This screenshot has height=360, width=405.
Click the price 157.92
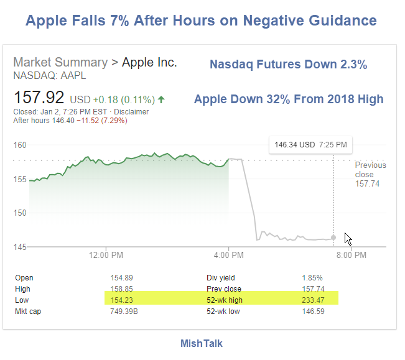point(40,98)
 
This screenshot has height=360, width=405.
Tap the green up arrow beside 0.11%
point(162,99)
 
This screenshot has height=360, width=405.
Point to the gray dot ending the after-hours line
point(334,238)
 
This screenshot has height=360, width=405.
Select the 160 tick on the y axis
point(20,145)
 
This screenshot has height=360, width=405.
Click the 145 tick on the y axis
point(20,247)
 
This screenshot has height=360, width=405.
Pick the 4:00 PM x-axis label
point(229,255)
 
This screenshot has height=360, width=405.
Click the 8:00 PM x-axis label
point(351,255)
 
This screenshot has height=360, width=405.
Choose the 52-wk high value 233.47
point(314,300)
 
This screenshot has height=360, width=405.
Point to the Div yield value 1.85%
point(312,278)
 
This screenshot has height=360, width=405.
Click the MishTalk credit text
point(202,343)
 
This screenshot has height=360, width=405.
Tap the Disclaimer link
point(133,112)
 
